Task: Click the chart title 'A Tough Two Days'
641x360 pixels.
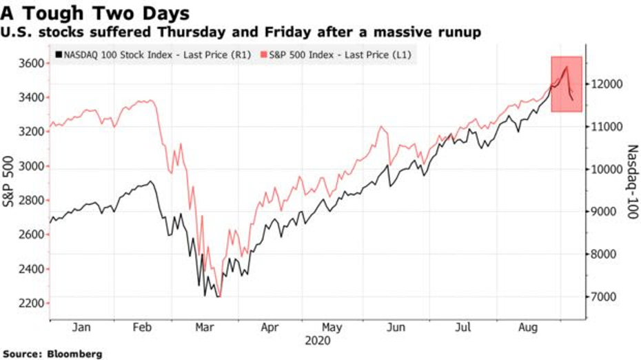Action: [96, 13]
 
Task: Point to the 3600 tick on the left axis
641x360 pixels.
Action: [31, 63]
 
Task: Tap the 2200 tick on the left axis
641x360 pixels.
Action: [31, 303]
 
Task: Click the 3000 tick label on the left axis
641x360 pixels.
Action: [31, 166]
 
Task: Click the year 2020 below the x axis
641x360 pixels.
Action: [316, 341]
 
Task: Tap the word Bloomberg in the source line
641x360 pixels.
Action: [75, 354]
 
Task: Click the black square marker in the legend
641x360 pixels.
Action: [58, 54]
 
